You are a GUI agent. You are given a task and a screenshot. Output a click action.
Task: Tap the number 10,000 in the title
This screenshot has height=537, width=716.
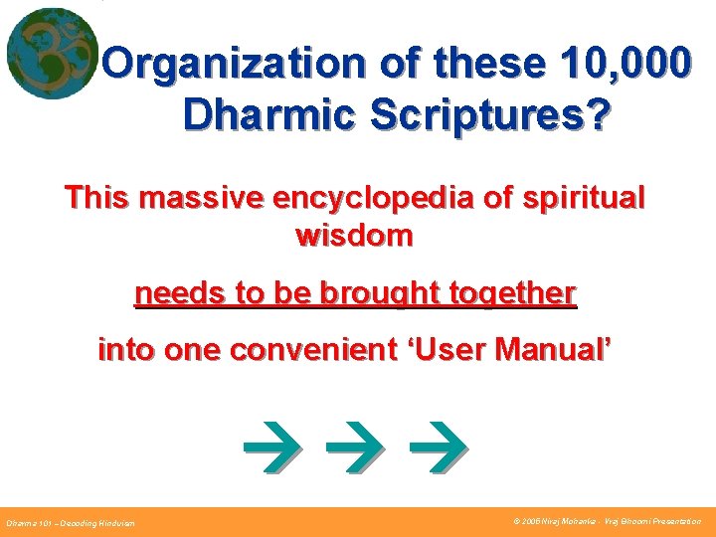(623, 64)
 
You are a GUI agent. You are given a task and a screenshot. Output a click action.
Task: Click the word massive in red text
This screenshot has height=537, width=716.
(198, 198)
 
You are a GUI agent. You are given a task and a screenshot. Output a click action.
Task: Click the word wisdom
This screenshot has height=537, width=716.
(354, 236)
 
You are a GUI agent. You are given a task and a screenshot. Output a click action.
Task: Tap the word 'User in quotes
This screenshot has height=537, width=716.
(449, 350)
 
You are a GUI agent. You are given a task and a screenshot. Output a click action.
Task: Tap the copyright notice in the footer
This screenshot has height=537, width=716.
(607, 521)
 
